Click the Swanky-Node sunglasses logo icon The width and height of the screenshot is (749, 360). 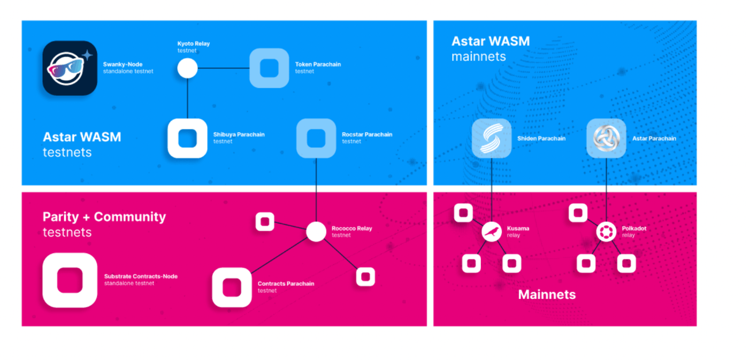pyautogui.click(x=70, y=68)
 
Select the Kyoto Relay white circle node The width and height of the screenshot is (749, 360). pyautogui.click(x=187, y=68)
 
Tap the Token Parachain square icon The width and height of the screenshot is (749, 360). pyautogui.click(x=269, y=68)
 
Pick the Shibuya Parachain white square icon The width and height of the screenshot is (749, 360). pyautogui.click(x=187, y=139)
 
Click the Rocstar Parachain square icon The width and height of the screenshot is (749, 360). pyautogui.click(x=316, y=138)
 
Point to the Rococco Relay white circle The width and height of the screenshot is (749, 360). pyautogui.click(x=316, y=232)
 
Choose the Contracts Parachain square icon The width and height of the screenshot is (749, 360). pyautogui.click(x=232, y=287)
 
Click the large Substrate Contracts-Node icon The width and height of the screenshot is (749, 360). pyautogui.click(x=70, y=280)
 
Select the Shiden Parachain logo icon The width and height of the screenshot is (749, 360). pyautogui.click(x=491, y=139)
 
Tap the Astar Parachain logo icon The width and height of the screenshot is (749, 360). pyautogui.click(x=606, y=139)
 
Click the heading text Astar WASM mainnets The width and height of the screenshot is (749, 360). pyautogui.click(x=490, y=48)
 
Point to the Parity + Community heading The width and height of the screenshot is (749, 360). pyautogui.click(x=104, y=217)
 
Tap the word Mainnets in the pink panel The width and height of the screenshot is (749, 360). pyautogui.click(x=547, y=294)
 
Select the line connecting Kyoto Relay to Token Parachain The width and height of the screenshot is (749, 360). pyautogui.click(x=224, y=68)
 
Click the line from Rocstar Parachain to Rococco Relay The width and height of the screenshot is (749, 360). pyautogui.click(x=316, y=190)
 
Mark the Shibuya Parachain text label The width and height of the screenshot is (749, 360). pyautogui.click(x=239, y=135)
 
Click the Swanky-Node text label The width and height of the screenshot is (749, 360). pyautogui.click(x=123, y=64)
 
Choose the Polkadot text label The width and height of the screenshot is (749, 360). pyautogui.click(x=634, y=228)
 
